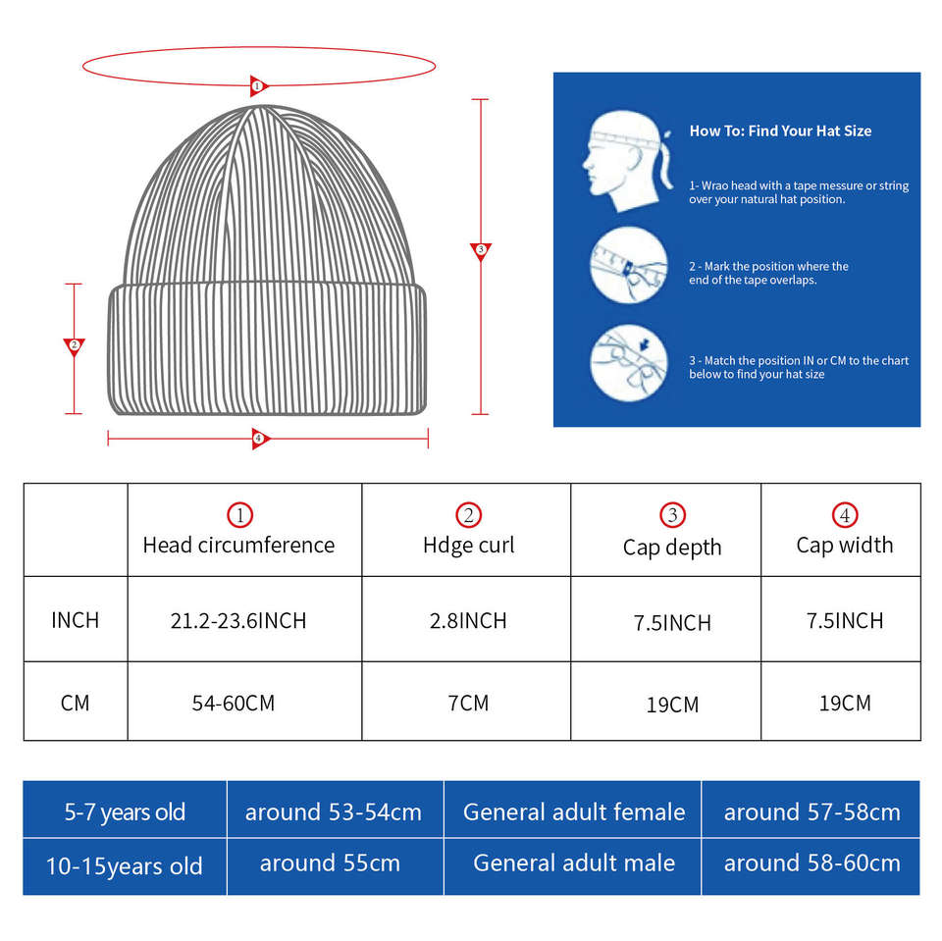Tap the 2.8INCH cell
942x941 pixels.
click(x=468, y=620)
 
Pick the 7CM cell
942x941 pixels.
click(x=468, y=704)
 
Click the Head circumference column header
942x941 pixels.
click(x=238, y=545)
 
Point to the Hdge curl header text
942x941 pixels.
click(x=468, y=545)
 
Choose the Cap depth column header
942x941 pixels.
click(x=672, y=547)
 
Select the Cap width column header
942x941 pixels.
click(x=845, y=545)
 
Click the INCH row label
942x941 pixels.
click(x=76, y=620)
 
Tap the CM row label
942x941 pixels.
click(x=76, y=704)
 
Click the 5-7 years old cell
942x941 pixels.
click(x=125, y=812)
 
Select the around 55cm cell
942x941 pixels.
click(x=330, y=863)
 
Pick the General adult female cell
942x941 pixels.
click(x=574, y=812)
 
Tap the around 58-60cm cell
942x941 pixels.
click(x=811, y=863)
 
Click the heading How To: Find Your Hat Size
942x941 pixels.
click(x=780, y=131)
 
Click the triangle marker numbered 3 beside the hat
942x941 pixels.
click(x=480, y=251)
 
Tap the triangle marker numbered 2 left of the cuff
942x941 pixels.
click(x=74, y=346)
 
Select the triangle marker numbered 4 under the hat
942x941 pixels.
click(x=259, y=439)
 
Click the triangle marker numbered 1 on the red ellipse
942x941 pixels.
click(x=258, y=85)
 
